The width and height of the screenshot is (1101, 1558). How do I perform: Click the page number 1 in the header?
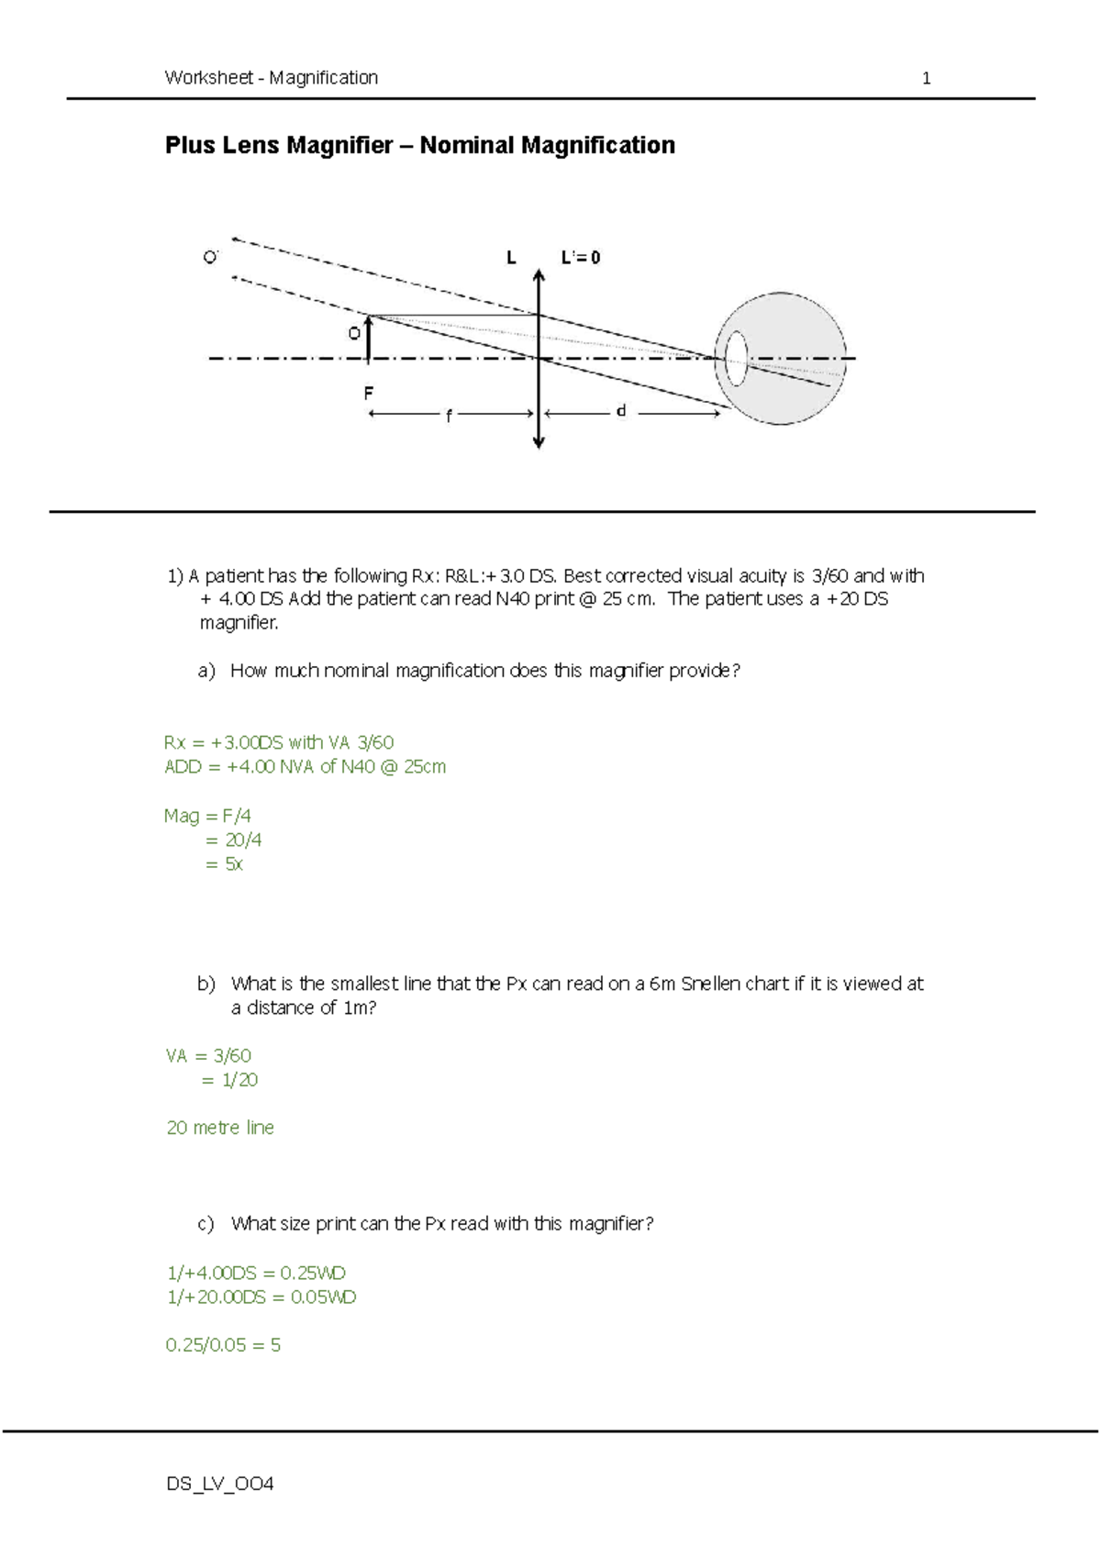(x=926, y=78)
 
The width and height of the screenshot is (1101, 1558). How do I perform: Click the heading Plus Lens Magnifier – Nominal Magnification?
(x=419, y=145)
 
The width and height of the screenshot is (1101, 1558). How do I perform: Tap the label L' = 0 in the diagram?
(x=581, y=258)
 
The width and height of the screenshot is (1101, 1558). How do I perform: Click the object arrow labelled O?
(x=369, y=338)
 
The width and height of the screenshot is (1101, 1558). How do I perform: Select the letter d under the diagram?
(x=621, y=412)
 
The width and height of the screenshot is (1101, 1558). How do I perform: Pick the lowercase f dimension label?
(x=449, y=416)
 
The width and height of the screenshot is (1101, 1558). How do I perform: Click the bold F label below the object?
(x=368, y=393)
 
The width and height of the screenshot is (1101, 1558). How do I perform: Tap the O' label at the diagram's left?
(x=211, y=257)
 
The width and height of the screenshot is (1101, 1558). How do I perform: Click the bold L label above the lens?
(x=511, y=258)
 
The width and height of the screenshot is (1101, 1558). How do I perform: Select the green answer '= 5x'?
(x=224, y=863)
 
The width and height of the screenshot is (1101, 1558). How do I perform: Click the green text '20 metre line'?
(x=220, y=1128)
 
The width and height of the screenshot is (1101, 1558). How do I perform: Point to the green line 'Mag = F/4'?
(x=207, y=816)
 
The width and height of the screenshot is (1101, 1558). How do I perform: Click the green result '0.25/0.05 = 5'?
(x=223, y=1345)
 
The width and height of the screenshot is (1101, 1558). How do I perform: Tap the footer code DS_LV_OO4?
(x=220, y=1484)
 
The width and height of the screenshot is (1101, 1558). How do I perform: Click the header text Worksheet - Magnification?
(x=272, y=78)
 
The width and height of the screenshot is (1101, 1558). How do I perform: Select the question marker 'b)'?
(x=206, y=984)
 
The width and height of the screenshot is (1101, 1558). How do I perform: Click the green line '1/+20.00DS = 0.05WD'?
(x=261, y=1296)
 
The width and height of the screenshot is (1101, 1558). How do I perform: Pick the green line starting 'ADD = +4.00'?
(x=305, y=766)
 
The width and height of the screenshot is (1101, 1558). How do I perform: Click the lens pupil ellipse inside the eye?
(x=737, y=358)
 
